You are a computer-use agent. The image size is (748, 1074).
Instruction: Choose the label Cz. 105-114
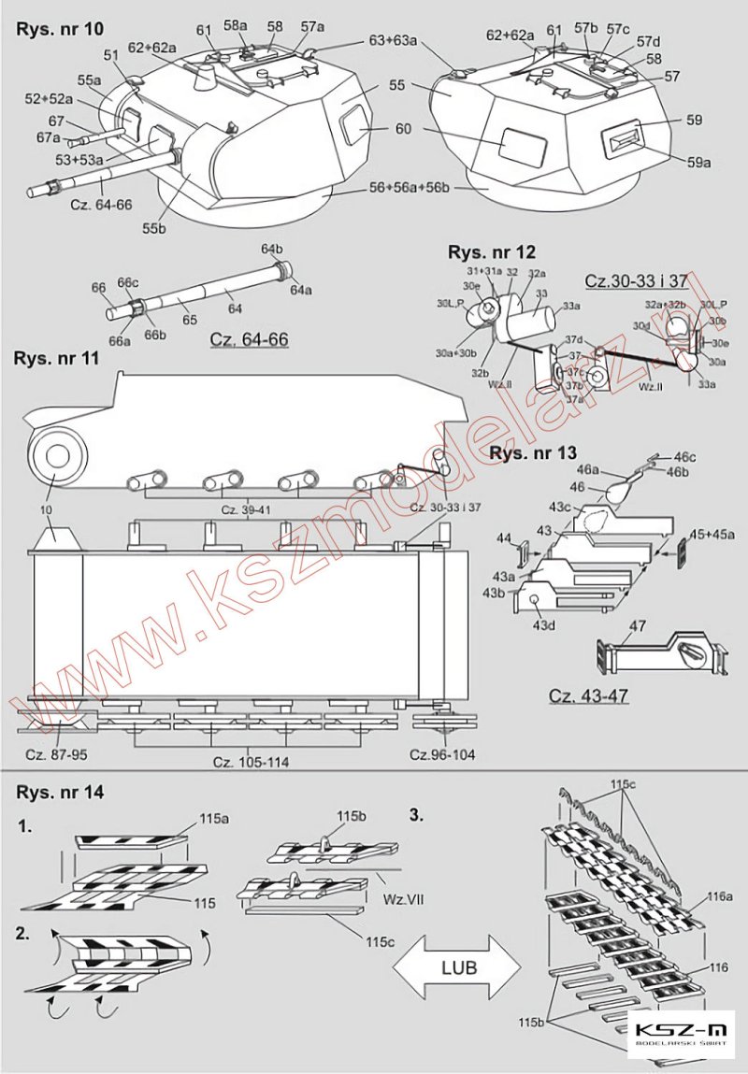pyautogui.click(x=251, y=762)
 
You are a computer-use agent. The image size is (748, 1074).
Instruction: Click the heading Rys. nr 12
pyautogui.click(x=492, y=252)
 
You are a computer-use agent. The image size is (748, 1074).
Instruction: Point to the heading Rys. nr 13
pyautogui.click(x=533, y=453)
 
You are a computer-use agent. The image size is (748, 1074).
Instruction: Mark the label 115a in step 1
pyautogui.click(x=213, y=819)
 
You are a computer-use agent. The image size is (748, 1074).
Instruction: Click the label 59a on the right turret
pyautogui.click(x=698, y=162)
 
